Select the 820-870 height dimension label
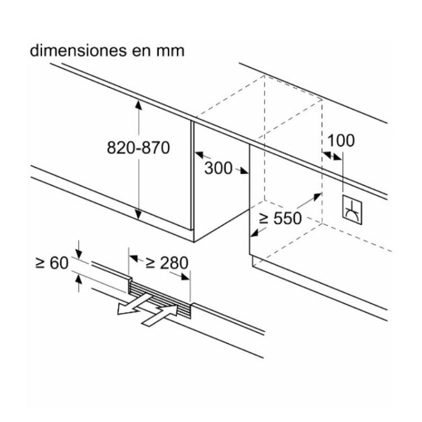pyautogui.click(x=138, y=148)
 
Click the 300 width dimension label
pyautogui.click(x=218, y=168)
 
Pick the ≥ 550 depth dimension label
pyautogui.click(x=280, y=218)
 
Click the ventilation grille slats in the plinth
pyautogui.click(x=160, y=295)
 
